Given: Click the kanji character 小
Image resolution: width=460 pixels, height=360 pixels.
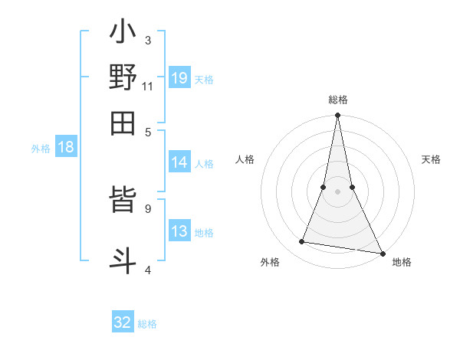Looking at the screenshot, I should pyautogui.click(x=123, y=34).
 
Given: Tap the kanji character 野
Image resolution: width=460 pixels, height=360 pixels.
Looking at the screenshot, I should pyautogui.click(x=123, y=77).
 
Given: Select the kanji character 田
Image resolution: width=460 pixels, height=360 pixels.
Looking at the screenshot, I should pyautogui.click(x=123, y=123).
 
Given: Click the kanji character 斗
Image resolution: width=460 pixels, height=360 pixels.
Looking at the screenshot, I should pyautogui.click(x=123, y=258).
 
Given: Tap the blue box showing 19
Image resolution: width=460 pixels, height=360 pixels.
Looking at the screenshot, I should pyautogui.click(x=179, y=77).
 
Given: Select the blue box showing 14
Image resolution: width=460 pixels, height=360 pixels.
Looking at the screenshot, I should pyautogui.click(x=179, y=162).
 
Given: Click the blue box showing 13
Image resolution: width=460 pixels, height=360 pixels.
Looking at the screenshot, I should pyautogui.click(x=179, y=232).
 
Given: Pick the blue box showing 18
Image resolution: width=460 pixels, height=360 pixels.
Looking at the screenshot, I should pyautogui.click(x=66, y=148).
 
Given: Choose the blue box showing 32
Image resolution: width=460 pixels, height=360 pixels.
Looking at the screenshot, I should pyautogui.click(x=123, y=322).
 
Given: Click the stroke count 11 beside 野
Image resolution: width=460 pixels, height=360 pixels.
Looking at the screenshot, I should pyautogui.click(x=148, y=87).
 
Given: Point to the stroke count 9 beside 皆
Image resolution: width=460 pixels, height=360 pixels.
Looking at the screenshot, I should pyautogui.click(x=147, y=207).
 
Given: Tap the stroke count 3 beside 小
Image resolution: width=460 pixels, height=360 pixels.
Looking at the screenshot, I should pyautogui.click(x=147, y=40).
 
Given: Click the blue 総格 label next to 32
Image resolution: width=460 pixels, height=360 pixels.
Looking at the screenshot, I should pyautogui.click(x=147, y=324).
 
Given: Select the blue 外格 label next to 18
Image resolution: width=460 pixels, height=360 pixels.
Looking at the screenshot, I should pyautogui.click(x=41, y=149).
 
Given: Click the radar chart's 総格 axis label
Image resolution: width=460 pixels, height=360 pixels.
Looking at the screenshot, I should pyautogui.click(x=337, y=100).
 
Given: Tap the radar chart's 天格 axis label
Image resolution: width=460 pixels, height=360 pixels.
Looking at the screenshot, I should pyautogui.click(x=431, y=159).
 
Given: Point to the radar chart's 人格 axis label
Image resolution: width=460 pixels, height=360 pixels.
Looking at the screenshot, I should pyautogui.click(x=245, y=159).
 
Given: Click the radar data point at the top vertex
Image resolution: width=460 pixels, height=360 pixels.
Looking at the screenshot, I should pyautogui.click(x=337, y=116).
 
